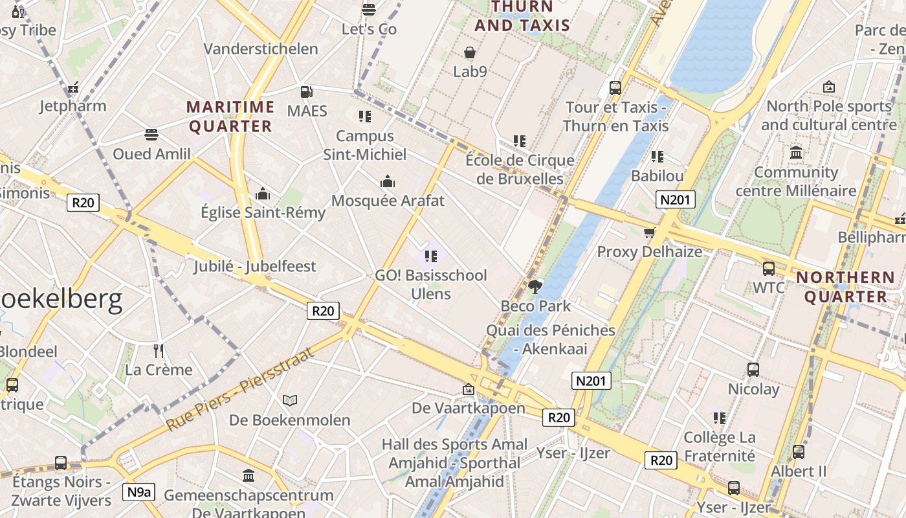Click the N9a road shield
(x=138, y=492)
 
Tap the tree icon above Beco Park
(x=535, y=286)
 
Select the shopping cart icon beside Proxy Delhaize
(x=649, y=233)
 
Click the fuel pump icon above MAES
(x=307, y=92)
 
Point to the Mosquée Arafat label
(x=388, y=201)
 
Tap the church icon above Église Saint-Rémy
(x=263, y=194)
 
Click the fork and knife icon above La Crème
(x=159, y=351)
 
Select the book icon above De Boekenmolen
(x=290, y=401)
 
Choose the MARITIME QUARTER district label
(x=230, y=117)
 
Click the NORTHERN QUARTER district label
(x=845, y=287)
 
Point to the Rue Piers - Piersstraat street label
(x=240, y=389)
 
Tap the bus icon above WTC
(x=769, y=268)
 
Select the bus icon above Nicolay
(x=753, y=370)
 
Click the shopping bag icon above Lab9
(x=470, y=52)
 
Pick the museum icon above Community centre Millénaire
(x=796, y=153)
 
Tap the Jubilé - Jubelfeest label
(x=254, y=266)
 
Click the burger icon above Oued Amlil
(x=151, y=135)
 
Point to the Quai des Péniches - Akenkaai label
(x=550, y=339)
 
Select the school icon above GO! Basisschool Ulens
(x=431, y=256)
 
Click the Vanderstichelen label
(x=261, y=49)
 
